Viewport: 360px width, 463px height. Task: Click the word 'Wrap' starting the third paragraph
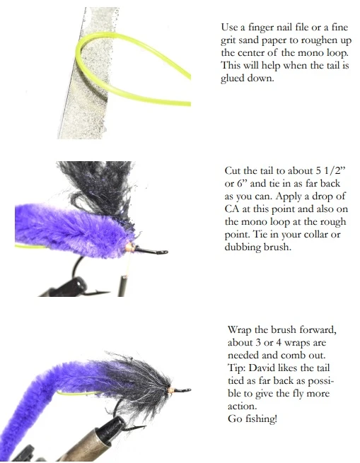tap(241, 330)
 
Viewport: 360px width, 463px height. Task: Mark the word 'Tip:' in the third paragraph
tap(238, 368)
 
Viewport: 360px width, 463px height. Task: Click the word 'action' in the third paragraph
tap(243, 406)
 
